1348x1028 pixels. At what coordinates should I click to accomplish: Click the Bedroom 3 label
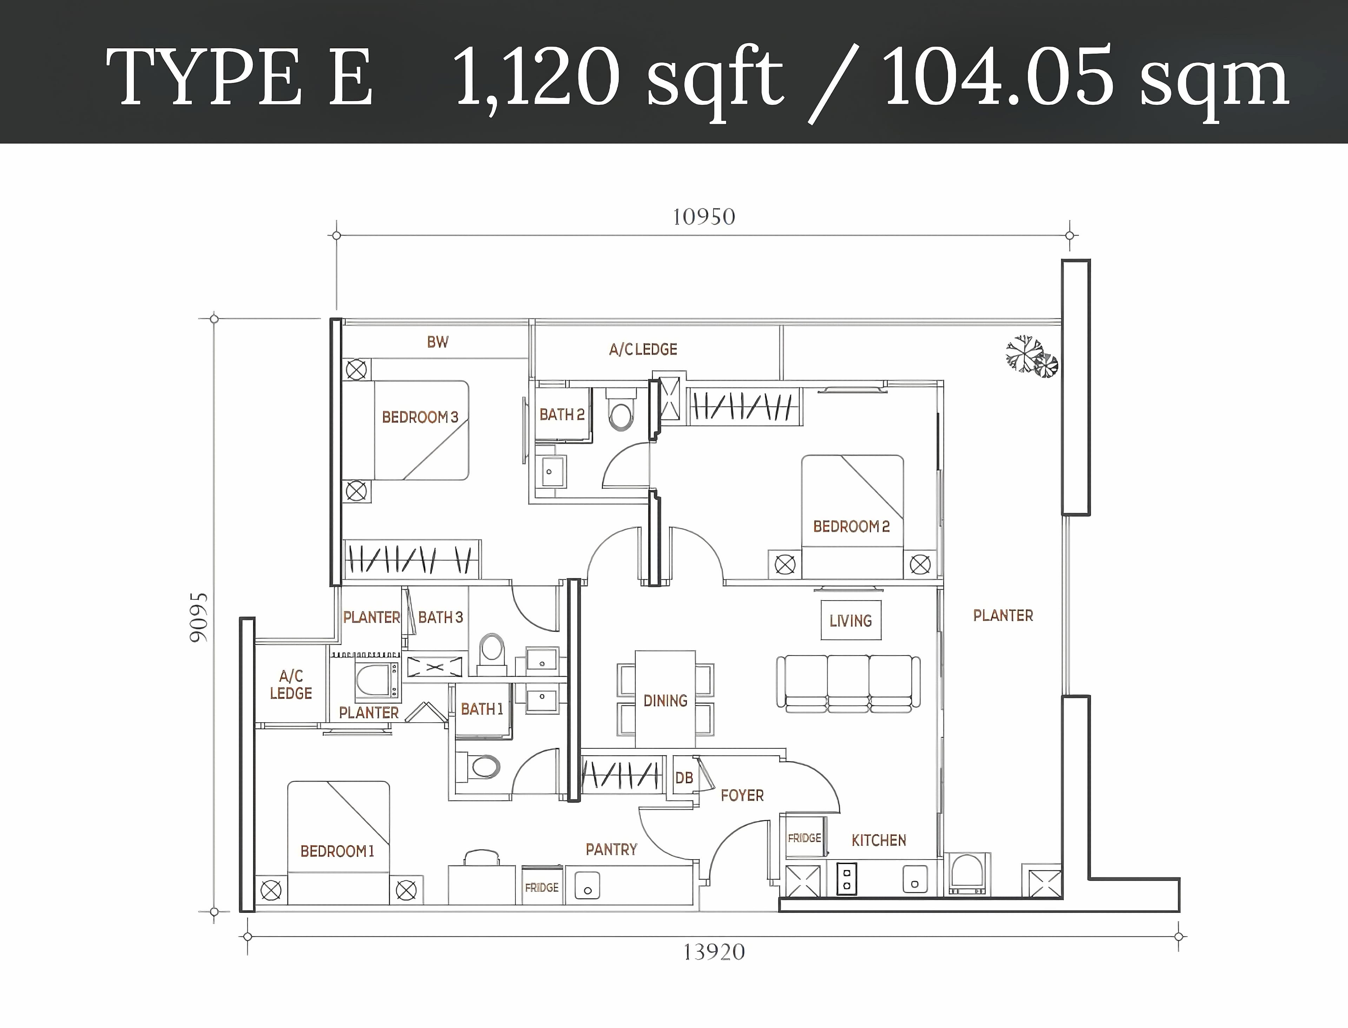point(420,417)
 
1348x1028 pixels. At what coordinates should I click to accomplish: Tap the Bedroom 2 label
point(851,526)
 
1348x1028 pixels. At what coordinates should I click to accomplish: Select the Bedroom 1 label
point(337,851)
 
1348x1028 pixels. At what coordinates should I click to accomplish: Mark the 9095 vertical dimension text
point(199,617)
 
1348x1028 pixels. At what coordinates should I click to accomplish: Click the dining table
point(665,699)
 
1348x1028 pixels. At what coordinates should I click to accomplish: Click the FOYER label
point(742,795)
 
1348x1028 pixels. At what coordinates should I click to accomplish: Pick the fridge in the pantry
point(542,885)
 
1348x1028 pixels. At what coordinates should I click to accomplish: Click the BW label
point(437,342)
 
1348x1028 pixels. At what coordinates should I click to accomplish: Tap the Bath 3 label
point(441,617)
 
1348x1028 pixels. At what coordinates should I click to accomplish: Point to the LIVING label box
point(851,621)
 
